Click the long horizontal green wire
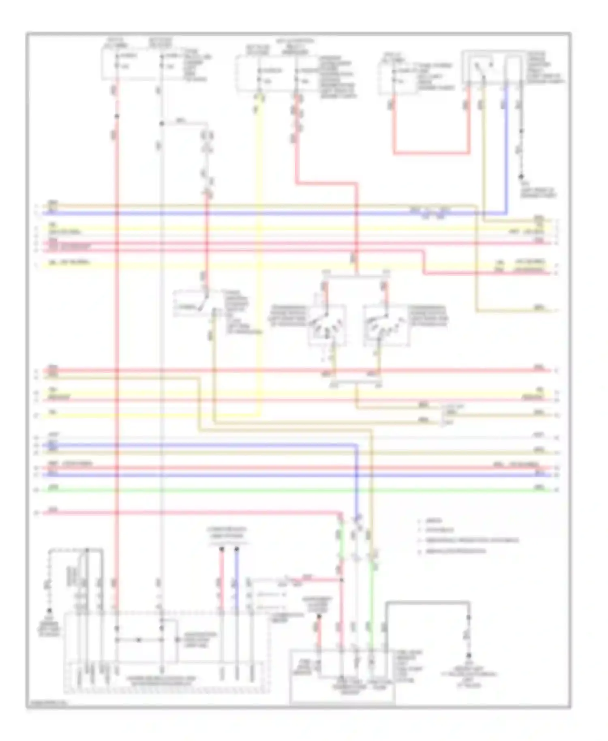point(284,490)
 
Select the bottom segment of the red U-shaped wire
point(431,153)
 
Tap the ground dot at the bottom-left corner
point(49,610)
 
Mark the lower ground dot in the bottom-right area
point(469,655)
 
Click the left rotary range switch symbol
point(327,324)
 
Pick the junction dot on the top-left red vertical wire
point(117,117)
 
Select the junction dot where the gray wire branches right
point(161,123)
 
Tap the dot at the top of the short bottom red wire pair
point(222,549)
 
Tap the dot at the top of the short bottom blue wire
point(237,549)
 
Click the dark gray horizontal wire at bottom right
point(428,602)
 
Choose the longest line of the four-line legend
point(470,540)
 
